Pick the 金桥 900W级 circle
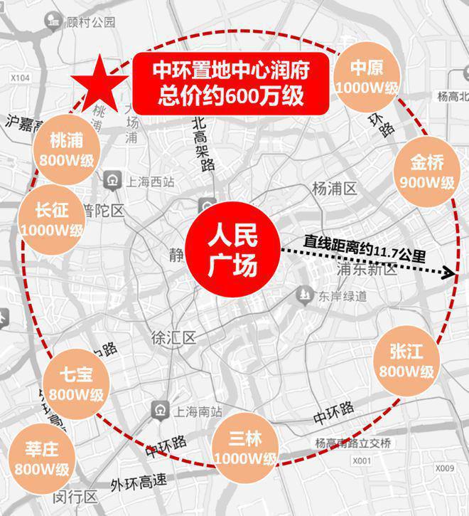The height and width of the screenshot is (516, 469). pyautogui.click(x=426, y=172)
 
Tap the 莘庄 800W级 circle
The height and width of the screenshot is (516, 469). pyautogui.click(x=41, y=459)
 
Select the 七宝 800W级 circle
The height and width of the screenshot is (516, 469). pyautogui.click(x=76, y=384)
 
